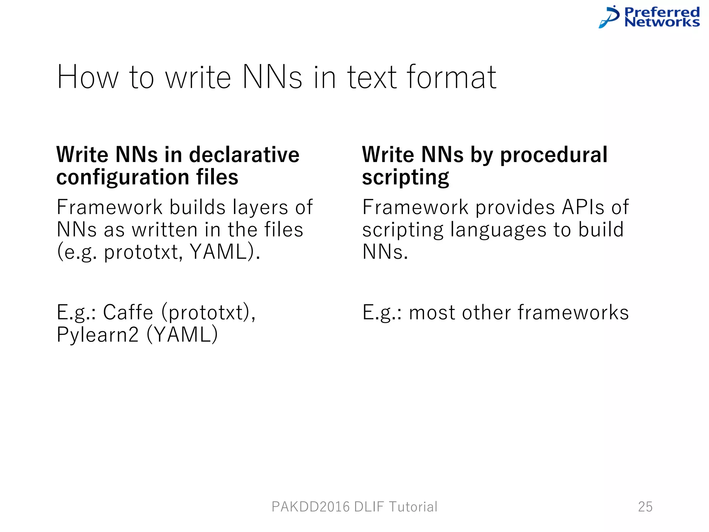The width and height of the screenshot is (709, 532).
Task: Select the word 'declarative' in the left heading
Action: pyautogui.click(x=244, y=154)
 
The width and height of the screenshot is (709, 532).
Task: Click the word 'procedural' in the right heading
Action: pyautogui.click(x=554, y=154)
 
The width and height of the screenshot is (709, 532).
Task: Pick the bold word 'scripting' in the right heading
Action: pyautogui.click(x=405, y=177)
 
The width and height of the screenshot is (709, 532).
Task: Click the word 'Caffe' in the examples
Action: pyautogui.click(x=128, y=312)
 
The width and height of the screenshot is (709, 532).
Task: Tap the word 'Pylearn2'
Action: pyautogui.click(x=98, y=335)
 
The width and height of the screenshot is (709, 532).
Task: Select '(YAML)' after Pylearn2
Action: pyautogui.click(x=182, y=335)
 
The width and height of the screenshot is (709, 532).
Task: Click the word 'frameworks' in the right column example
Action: pyautogui.click(x=573, y=312)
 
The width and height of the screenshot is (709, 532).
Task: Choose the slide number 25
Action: pyautogui.click(x=645, y=507)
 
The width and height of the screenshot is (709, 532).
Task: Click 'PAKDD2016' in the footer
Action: pyautogui.click(x=311, y=507)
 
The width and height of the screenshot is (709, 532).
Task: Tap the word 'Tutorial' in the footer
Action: pyautogui.click(x=413, y=507)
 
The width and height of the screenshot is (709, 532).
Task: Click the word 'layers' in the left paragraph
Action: pyautogui.click(x=260, y=207)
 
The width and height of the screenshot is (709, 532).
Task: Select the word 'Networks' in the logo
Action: pyautogui.click(x=662, y=22)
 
